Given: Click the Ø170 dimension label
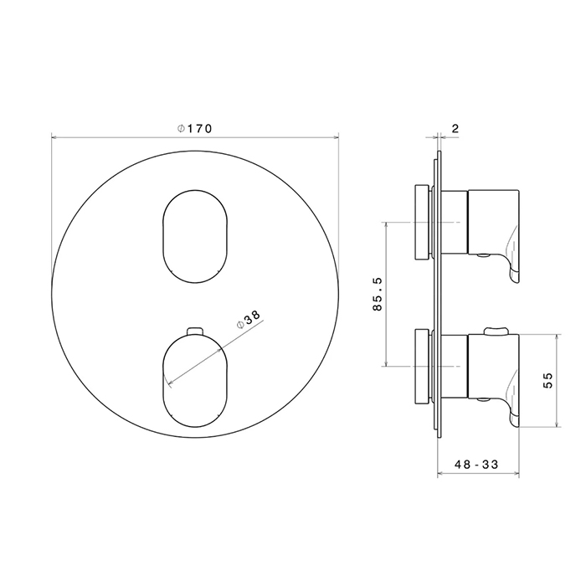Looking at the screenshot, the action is tap(194, 129).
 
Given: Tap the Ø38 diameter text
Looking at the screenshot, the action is tap(249, 318).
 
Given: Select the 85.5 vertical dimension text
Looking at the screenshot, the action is tap(378, 294).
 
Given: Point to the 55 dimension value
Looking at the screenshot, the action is tap(547, 380).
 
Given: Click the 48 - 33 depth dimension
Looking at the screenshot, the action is tap(476, 465).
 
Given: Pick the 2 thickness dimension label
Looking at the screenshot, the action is tap(455, 129).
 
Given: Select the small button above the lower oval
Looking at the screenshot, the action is tap(195, 332).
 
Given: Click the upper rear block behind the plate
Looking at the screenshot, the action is tap(422, 222).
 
